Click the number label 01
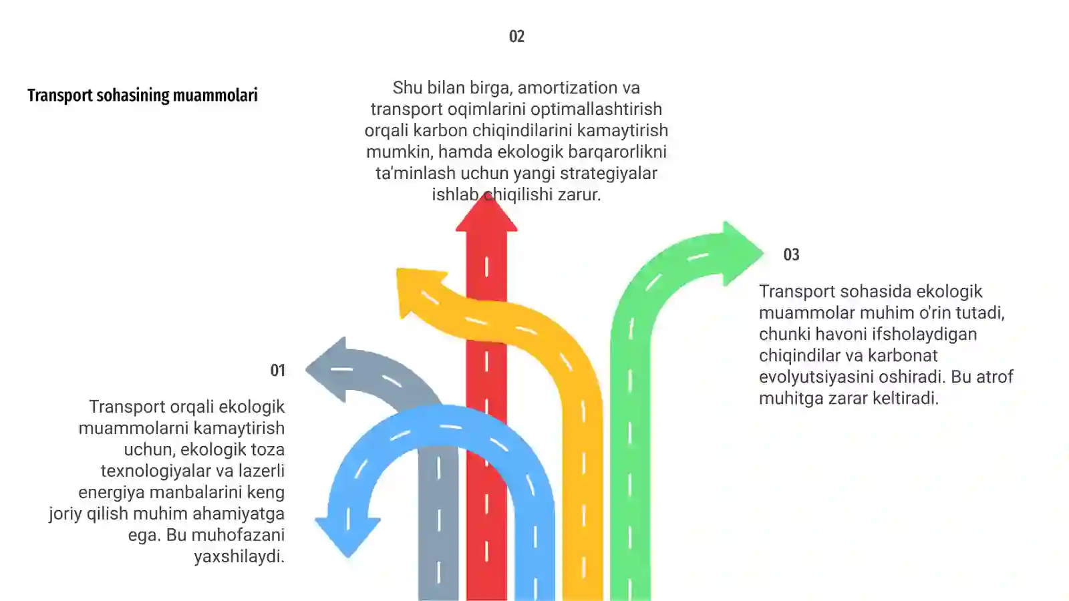click(x=277, y=371)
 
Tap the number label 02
click(x=516, y=37)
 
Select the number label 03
click(x=791, y=255)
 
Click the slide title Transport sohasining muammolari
click(x=142, y=95)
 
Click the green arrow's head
click(x=740, y=253)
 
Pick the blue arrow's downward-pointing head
click(x=347, y=534)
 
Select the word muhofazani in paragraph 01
click(x=238, y=536)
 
